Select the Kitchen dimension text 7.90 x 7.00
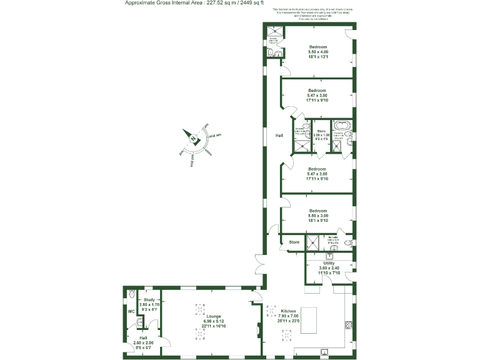tap(288, 316)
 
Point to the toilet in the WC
tap(131, 294)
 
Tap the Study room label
tap(149, 299)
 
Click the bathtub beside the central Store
tap(342, 124)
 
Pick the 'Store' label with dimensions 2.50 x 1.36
tap(321, 131)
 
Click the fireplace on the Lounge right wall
tap(257, 329)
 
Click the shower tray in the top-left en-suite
tap(273, 31)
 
